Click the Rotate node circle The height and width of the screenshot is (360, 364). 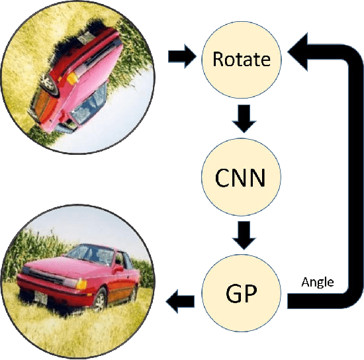click(242, 60)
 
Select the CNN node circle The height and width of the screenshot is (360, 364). click(242, 177)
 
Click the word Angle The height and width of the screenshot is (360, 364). click(318, 283)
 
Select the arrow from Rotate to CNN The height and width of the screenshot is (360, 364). click(242, 119)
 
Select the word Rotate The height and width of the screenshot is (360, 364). click(242, 60)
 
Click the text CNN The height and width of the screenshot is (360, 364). click(242, 177)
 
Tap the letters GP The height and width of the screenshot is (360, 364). click(242, 292)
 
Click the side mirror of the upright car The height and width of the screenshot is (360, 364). click(118, 269)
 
